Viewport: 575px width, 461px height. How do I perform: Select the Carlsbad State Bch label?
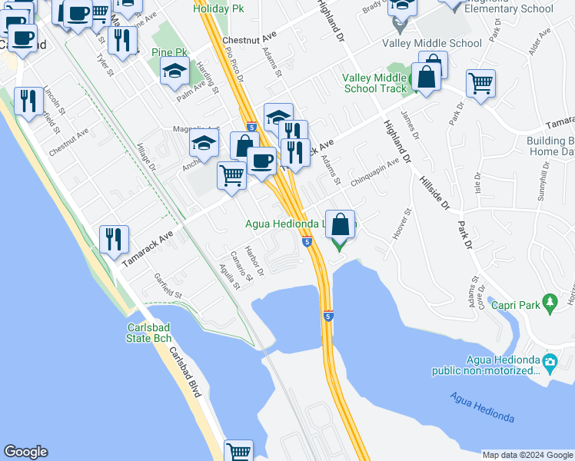pos(149,333)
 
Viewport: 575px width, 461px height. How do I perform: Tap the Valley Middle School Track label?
pos(374,83)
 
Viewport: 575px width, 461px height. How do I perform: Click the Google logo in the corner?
pos(25,452)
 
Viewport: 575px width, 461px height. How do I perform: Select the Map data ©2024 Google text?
pos(527,455)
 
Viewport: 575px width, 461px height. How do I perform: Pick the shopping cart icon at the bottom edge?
pos(239,452)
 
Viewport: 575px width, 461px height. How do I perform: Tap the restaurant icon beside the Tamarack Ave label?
pos(114,238)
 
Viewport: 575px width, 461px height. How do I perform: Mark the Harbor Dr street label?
pos(254,261)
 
